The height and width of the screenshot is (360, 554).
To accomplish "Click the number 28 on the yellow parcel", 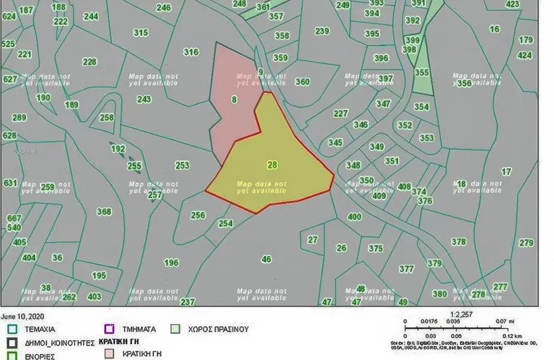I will (272, 164).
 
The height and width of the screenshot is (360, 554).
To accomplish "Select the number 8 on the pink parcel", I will (234, 100).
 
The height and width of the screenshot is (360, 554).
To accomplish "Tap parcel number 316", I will (191, 52).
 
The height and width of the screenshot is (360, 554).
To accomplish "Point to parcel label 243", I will (144, 99).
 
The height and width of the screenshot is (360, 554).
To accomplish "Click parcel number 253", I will (182, 166).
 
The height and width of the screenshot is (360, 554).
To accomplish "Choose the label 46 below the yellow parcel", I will (266, 259).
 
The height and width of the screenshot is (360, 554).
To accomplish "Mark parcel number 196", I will (171, 263).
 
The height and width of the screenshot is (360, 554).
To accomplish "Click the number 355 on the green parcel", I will (421, 72).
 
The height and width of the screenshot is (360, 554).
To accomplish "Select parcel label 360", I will (302, 82).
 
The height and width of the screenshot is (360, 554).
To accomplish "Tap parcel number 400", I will (354, 217).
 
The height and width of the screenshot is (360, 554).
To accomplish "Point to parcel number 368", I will (104, 212).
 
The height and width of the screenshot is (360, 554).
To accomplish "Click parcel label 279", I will (526, 243).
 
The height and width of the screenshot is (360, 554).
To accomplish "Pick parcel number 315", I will (141, 32).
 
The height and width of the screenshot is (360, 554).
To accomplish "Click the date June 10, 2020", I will (23, 317).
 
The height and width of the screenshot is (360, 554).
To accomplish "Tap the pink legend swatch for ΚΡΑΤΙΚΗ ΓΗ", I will (109, 353).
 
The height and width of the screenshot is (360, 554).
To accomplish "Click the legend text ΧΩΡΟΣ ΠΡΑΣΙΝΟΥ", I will (219, 329).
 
